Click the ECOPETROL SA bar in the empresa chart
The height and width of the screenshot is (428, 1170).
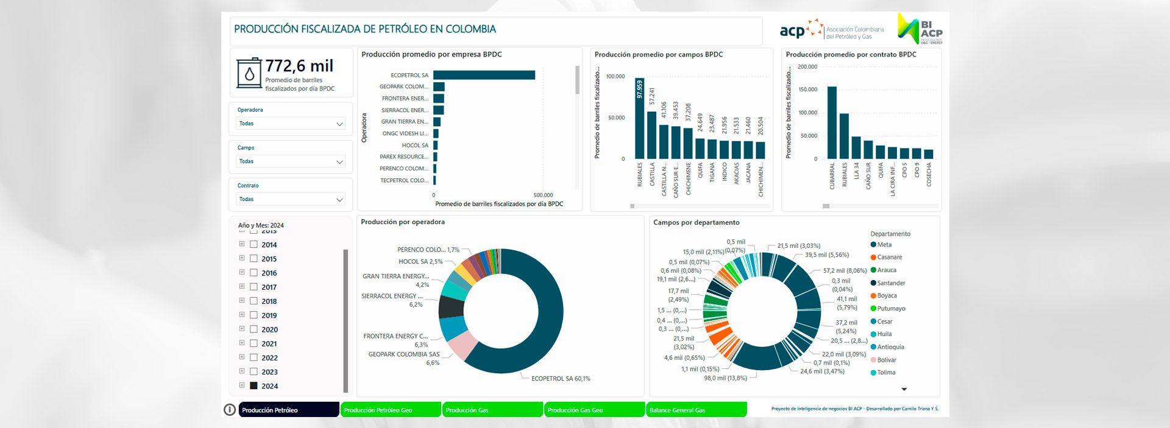pos(484,75)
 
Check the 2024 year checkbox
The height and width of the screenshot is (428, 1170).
pos(254,386)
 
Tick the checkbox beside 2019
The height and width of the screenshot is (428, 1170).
pos(254,315)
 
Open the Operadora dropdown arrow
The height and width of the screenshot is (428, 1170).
pos(339,124)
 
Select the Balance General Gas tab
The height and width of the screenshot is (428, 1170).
pos(696,410)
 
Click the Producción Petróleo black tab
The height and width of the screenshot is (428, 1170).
pos(288,410)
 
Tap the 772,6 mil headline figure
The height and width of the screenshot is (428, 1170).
pos(299,66)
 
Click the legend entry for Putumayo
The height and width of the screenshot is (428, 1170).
pos(890,309)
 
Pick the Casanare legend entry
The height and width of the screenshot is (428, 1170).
pos(889,258)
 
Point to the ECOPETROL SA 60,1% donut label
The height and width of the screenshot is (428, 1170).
pos(560,379)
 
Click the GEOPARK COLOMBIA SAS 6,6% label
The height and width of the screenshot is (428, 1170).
pos(403,358)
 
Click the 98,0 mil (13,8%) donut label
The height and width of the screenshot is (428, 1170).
pos(725,378)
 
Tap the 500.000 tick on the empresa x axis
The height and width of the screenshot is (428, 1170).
pos(543,195)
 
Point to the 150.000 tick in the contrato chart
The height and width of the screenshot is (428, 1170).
pos(807,89)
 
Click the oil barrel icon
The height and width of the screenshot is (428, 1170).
pos(249,74)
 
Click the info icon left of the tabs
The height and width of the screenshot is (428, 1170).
pos(230,410)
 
